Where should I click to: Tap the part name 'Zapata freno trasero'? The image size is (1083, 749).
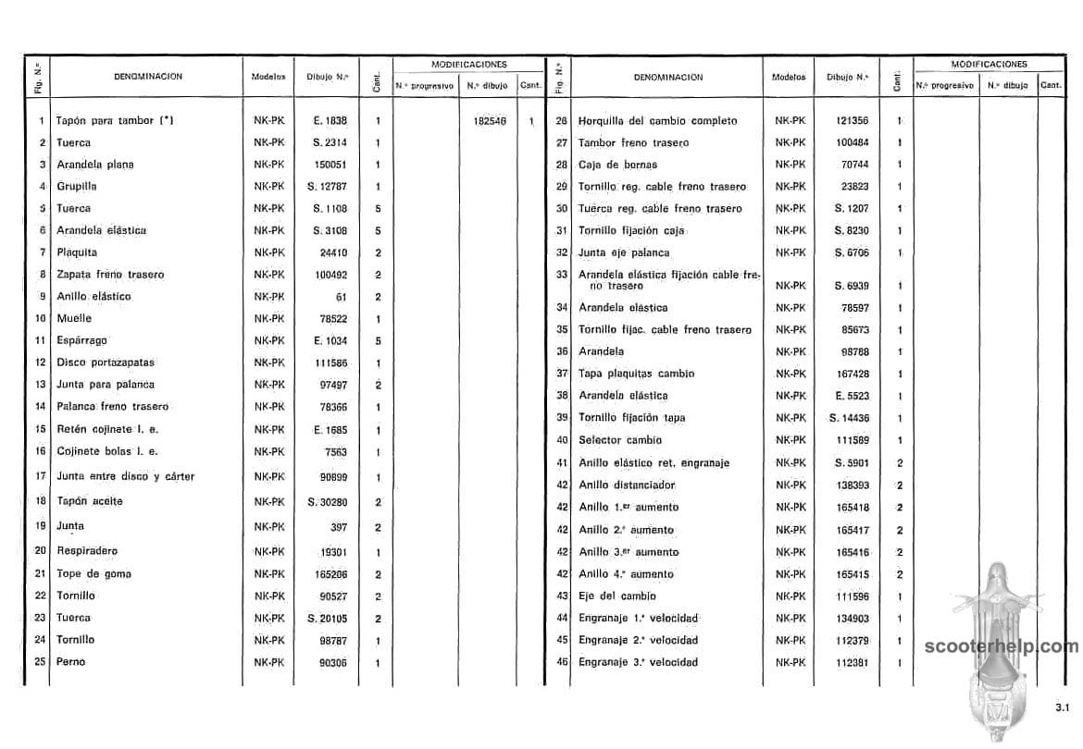pyautogui.click(x=110, y=275)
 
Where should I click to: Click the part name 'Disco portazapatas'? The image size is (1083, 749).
pyautogui.click(x=106, y=362)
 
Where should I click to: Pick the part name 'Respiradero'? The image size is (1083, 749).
pyautogui.click(x=87, y=550)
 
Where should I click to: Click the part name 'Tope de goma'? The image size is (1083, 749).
pyautogui.click(x=93, y=573)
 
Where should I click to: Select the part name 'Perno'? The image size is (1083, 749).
pyautogui.click(x=70, y=662)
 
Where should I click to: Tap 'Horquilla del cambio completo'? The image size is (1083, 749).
pyautogui.click(x=657, y=121)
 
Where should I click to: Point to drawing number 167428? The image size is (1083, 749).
pyautogui.click(x=853, y=374)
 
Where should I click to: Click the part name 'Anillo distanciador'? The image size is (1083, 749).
pyautogui.click(x=627, y=485)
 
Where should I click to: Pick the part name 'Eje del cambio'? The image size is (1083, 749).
pyautogui.click(x=616, y=596)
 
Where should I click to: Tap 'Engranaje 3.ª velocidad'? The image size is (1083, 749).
pyautogui.click(x=638, y=662)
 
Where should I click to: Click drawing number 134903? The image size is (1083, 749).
pyautogui.click(x=853, y=619)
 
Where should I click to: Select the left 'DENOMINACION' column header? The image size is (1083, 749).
pyautogui.click(x=148, y=77)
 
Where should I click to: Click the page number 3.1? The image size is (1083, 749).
pyautogui.click(x=1061, y=708)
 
